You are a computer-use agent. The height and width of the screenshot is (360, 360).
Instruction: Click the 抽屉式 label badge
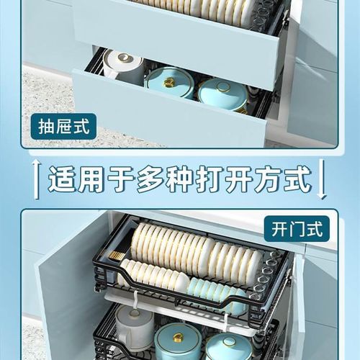pyautogui.click(x=66, y=127)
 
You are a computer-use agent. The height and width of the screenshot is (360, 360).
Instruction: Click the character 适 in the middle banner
pyautogui.click(x=63, y=178)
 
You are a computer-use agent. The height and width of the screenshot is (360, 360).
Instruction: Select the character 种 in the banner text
pyautogui.click(x=168, y=178)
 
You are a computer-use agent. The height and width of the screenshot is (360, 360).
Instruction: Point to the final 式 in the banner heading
pyautogui.click(x=297, y=178)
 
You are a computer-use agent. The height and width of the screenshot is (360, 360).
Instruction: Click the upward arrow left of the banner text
pyautogui.click(x=34, y=178)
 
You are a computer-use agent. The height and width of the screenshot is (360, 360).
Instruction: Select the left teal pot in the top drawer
pyautogui.click(x=169, y=81)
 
